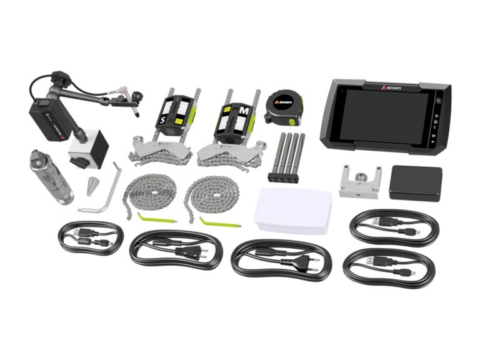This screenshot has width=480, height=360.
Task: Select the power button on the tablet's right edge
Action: tap(440, 101)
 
